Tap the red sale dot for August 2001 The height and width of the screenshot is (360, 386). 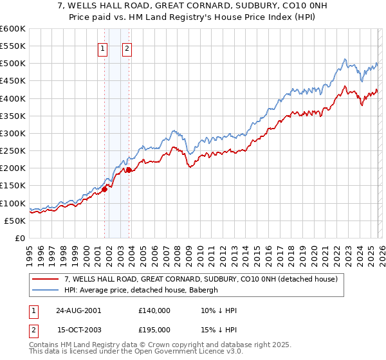point(104,189)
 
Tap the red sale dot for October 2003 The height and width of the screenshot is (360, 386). point(129,170)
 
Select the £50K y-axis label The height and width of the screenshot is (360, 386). point(14,221)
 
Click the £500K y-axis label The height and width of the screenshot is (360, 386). point(12,64)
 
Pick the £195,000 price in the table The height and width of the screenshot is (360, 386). point(154,330)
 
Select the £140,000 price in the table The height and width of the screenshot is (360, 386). point(154,310)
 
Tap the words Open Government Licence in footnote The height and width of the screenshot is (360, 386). point(176,352)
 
